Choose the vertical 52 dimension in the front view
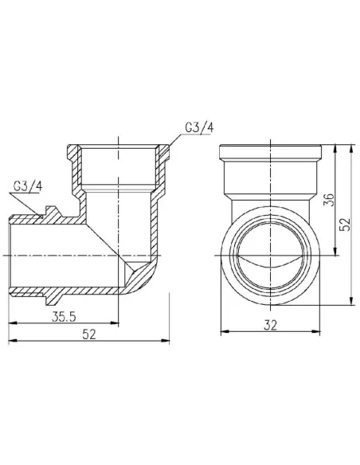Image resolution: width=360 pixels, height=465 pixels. pyautogui.click(x=345, y=225)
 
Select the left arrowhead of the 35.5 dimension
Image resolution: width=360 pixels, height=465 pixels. pyautogui.click(x=13, y=323)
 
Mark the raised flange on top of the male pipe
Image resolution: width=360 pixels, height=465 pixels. pyautogui.click(x=53, y=211)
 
